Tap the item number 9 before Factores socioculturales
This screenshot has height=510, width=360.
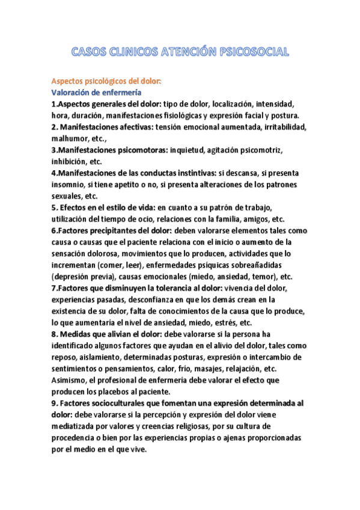(x=53, y=403)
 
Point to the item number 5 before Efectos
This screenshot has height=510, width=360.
(x=53, y=207)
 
